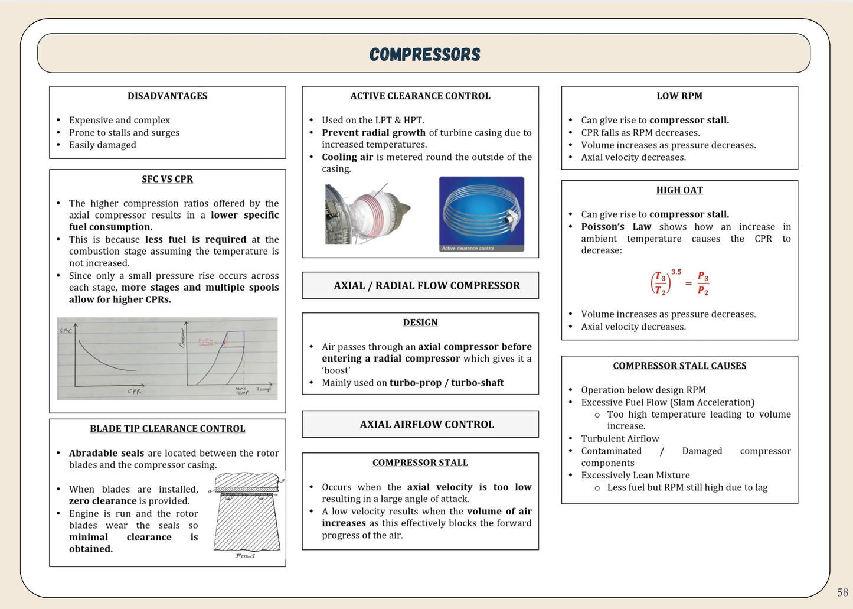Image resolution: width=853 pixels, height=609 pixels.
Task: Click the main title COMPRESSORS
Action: (x=424, y=54)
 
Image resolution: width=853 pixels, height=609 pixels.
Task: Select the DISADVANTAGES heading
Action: (x=168, y=96)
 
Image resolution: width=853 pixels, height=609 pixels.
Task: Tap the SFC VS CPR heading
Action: (x=168, y=179)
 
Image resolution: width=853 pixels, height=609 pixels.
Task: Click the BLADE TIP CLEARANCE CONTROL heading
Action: (x=168, y=429)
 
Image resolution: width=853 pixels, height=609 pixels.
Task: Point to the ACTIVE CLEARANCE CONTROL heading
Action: (x=420, y=96)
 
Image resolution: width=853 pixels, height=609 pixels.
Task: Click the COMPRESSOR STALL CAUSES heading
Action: (x=679, y=366)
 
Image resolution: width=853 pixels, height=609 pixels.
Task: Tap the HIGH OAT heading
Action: (x=679, y=190)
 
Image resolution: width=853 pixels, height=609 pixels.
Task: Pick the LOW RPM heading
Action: (x=679, y=96)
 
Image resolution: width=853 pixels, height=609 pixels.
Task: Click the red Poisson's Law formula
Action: (x=679, y=283)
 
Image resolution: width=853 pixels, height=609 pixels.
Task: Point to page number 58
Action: (x=842, y=592)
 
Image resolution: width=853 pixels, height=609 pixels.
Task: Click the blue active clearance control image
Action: (x=482, y=214)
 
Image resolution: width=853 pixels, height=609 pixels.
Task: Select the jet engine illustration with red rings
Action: (x=367, y=213)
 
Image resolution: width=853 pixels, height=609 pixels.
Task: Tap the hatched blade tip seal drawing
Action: (x=246, y=514)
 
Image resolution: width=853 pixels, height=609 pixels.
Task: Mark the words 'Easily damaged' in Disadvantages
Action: (x=103, y=145)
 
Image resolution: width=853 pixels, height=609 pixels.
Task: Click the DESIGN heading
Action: (x=420, y=323)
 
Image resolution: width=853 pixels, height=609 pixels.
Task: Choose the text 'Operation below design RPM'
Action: (x=643, y=390)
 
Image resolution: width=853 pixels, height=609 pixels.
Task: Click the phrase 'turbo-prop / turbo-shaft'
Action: (x=447, y=383)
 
